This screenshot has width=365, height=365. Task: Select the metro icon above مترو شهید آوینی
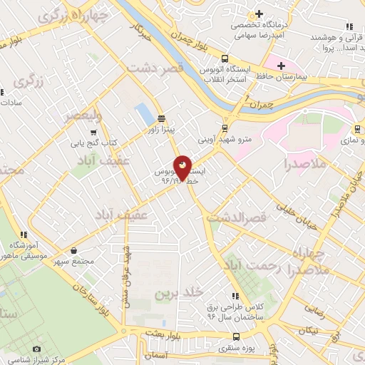point(225,128)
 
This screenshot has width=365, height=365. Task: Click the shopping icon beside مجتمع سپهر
point(75,250)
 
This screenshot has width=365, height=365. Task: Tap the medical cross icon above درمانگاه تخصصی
point(259,14)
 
